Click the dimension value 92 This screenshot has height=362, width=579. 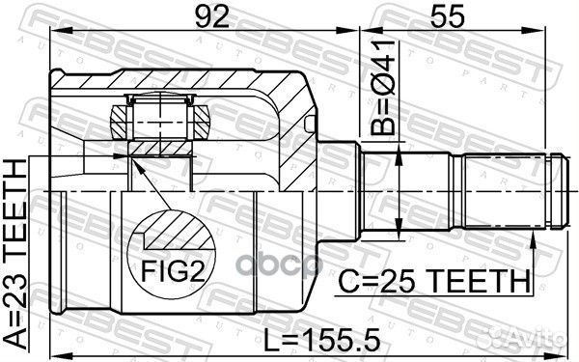click(x=212, y=16)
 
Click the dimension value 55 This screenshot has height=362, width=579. click(x=446, y=16)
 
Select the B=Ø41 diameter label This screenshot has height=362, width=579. click(x=383, y=87)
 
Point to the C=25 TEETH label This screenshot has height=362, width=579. click(x=434, y=281)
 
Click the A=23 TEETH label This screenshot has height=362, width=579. click(x=15, y=255)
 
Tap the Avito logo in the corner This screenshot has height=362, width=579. click(x=525, y=337)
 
